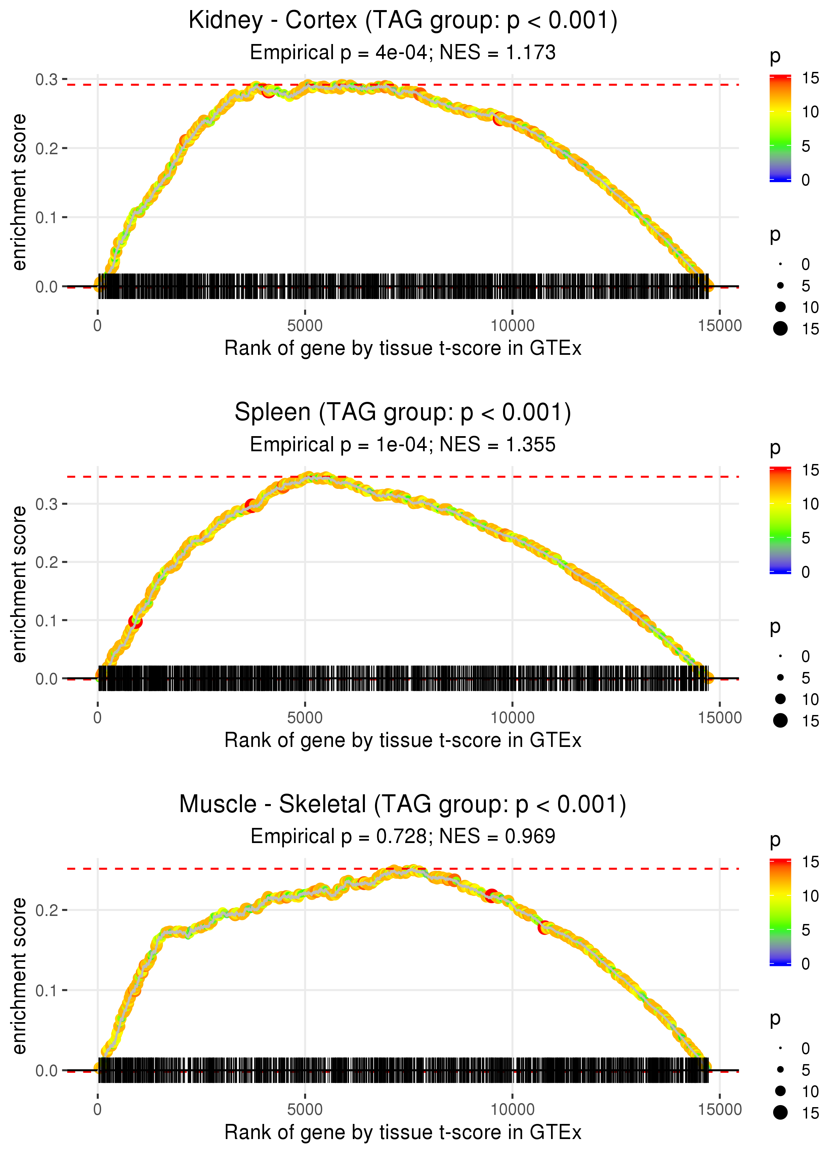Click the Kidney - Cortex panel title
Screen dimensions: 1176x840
click(403, 21)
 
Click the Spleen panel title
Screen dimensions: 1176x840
click(403, 413)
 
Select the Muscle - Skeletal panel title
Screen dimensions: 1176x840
click(403, 805)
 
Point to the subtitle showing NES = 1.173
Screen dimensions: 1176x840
click(403, 53)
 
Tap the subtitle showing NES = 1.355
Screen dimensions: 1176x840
click(403, 445)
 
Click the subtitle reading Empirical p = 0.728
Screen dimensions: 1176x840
click(403, 836)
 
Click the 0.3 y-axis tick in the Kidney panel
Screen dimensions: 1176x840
click(47, 80)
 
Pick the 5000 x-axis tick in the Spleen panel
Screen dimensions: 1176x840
click(305, 718)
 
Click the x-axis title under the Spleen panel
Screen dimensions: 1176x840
click(403, 740)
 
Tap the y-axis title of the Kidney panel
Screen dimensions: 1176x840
click(19, 193)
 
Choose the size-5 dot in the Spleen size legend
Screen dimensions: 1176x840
click(781, 677)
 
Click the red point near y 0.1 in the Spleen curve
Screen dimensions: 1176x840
click(135, 621)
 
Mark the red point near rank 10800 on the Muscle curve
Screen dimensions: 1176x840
click(544, 928)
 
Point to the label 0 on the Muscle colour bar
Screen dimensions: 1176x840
click(805, 964)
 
